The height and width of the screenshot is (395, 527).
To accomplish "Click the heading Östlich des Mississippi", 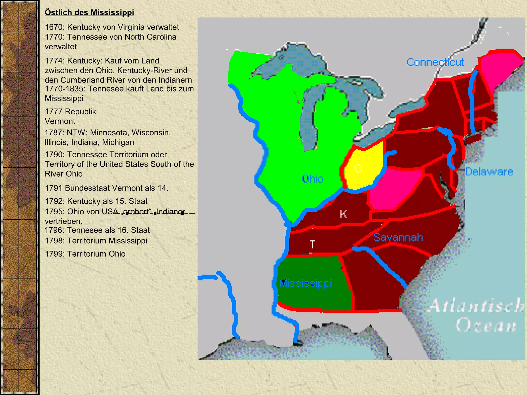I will pos(89,12).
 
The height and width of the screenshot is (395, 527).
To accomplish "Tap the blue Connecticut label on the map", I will pos(435,62).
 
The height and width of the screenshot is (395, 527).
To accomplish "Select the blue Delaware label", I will pos(489,172).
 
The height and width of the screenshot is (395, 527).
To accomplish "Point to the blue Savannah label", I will pos(398,238).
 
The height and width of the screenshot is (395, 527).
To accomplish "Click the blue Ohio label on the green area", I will pos(313,179).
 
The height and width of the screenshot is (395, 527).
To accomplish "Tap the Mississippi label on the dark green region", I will pos(305,283).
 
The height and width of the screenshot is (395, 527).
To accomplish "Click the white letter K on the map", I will pos(343,214).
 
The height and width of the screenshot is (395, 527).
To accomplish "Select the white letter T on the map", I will pos(312,244).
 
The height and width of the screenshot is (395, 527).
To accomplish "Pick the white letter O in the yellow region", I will pos(358,168).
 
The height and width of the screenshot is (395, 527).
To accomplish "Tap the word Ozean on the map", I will pos(486,325).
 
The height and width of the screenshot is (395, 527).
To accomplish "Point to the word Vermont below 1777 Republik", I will pos(60,121).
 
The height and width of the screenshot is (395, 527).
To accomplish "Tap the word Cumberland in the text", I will pos(81,80).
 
